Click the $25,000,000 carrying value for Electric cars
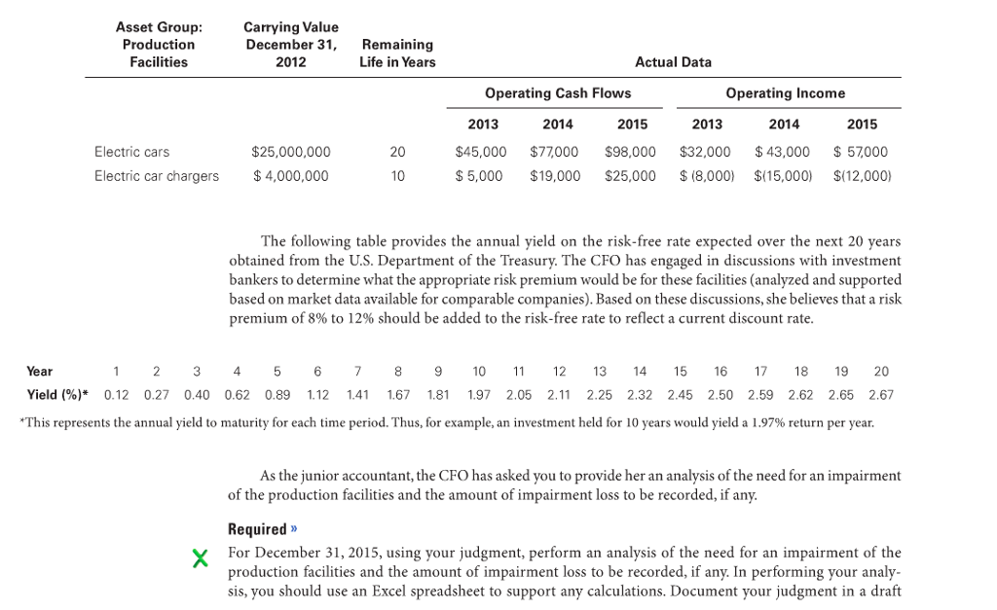(x=290, y=152)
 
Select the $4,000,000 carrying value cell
(x=290, y=176)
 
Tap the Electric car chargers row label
(x=157, y=176)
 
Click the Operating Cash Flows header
(x=557, y=93)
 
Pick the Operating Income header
(x=785, y=93)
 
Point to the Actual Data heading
(x=673, y=62)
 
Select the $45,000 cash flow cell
(x=481, y=152)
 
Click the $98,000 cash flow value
(x=630, y=152)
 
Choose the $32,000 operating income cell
(x=705, y=152)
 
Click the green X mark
(x=201, y=558)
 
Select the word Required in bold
(x=257, y=530)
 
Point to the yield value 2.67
(x=880, y=395)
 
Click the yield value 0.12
(x=116, y=395)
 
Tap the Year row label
(x=40, y=372)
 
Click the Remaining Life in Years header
(x=397, y=54)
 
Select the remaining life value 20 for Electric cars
(x=397, y=152)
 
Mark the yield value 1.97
(x=479, y=395)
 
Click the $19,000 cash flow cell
(x=555, y=176)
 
